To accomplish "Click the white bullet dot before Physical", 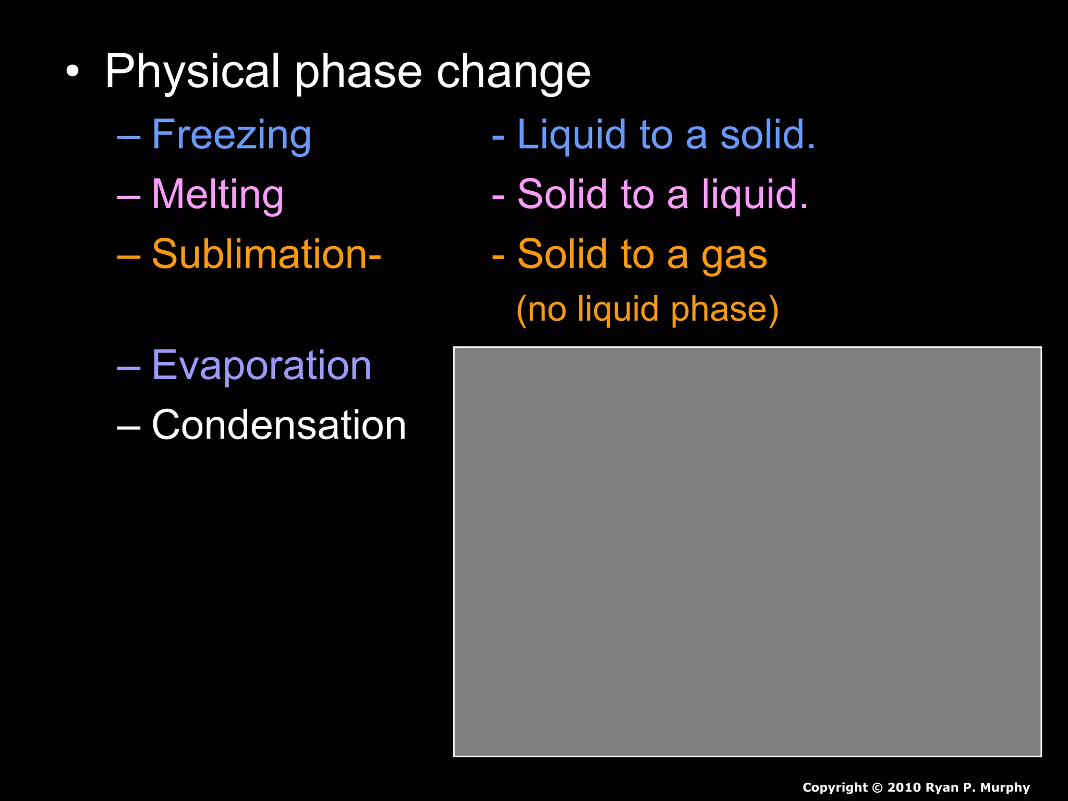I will coord(73,72).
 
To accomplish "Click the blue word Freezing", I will coord(232,135).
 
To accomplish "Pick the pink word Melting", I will coord(217,195).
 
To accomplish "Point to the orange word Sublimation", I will coord(261,254).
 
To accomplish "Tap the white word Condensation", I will coord(278,425).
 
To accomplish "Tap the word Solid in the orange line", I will coord(562,254).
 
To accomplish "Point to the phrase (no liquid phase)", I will coord(647,309).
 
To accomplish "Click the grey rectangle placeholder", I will coord(747,551).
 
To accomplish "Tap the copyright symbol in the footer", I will coord(877,787).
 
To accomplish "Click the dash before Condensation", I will coord(128,427).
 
